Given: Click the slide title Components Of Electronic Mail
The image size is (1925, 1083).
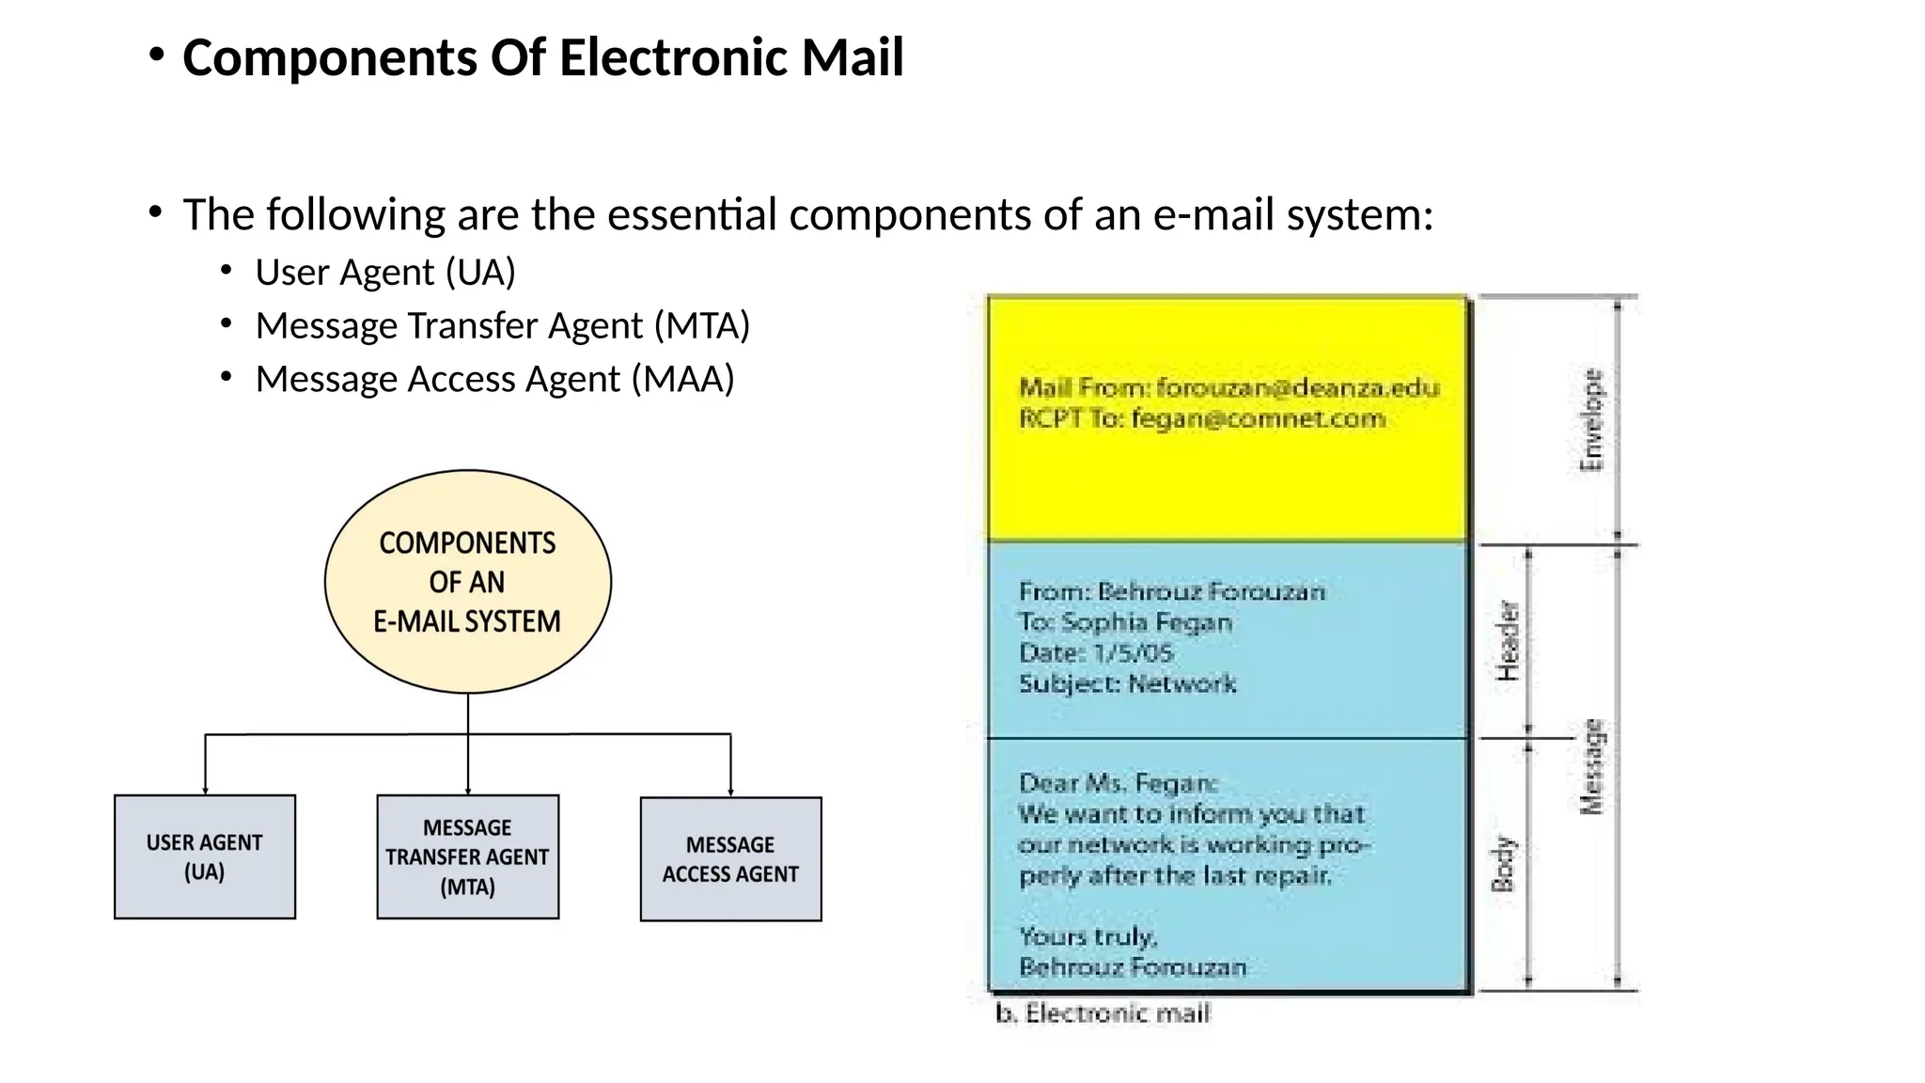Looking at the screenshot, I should pyautogui.click(x=542, y=57).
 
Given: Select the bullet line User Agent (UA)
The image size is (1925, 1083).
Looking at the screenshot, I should pyautogui.click(x=385, y=272).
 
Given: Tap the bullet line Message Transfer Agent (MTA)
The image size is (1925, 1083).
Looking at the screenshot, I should pyautogui.click(x=502, y=325).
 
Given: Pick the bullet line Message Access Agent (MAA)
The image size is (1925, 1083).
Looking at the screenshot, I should pyautogui.click(x=494, y=379).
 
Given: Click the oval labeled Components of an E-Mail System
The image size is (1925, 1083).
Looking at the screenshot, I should pyautogui.click(x=467, y=582).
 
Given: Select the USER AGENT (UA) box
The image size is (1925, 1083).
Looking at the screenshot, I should pyautogui.click(x=204, y=856).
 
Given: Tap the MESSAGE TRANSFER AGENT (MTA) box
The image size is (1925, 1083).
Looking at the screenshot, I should pyautogui.click(x=467, y=856).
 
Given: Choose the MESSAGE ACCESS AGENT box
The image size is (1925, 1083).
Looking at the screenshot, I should pyautogui.click(x=730, y=859).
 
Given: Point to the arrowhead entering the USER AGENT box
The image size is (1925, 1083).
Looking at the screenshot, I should pyautogui.click(x=205, y=791).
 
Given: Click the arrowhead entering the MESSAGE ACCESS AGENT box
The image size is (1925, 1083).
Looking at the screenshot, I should pyautogui.click(x=730, y=793).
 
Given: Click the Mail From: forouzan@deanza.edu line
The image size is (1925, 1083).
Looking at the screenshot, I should pyautogui.click(x=1229, y=387).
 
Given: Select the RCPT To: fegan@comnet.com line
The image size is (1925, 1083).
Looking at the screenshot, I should pyautogui.click(x=1201, y=418).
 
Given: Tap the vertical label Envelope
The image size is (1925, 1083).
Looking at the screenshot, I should pyautogui.click(x=1590, y=419).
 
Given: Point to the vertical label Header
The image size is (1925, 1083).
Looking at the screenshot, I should pyautogui.click(x=1507, y=640).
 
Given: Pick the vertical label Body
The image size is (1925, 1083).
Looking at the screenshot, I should pyautogui.click(x=1504, y=863).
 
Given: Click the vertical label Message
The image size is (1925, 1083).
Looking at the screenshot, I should pyautogui.click(x=1590, y=766).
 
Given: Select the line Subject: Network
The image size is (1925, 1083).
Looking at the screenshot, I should pyautogui.click(x=1127, y=683).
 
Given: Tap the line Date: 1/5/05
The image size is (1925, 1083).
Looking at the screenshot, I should pyautogui.click(x=1096, y=652).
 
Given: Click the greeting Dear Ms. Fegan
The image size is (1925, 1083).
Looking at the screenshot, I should pyautogui.click(x=1118, y=782).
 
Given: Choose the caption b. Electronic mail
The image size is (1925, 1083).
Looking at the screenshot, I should pyautogui.click(x=1103, y=1013).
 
